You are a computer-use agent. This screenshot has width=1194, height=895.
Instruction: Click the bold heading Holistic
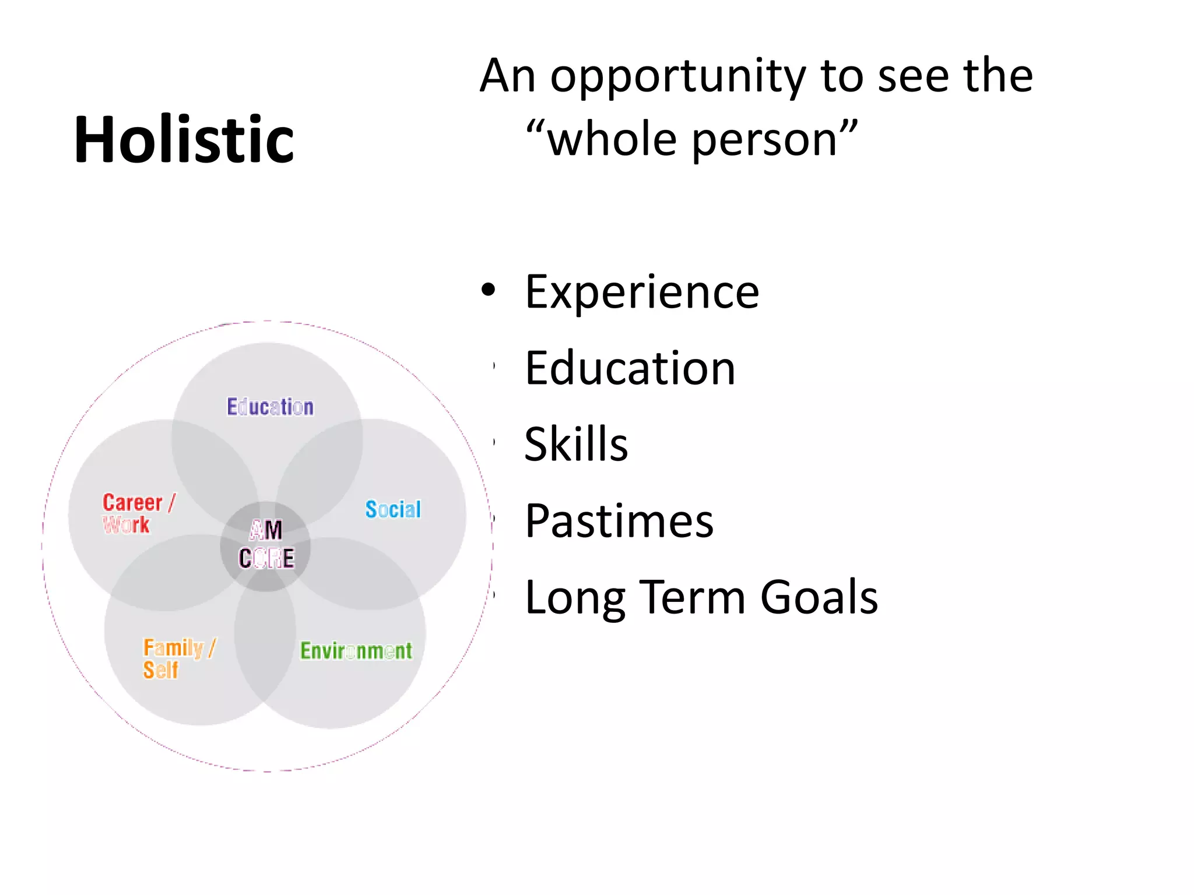coord(184,140)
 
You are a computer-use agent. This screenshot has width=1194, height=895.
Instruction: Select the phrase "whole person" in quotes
coord(692,140)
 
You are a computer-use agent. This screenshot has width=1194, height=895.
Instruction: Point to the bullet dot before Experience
coord(489,290)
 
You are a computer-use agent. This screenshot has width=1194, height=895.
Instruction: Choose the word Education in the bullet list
coord(630,368)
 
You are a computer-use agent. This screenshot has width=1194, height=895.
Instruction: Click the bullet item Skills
coord(576,444)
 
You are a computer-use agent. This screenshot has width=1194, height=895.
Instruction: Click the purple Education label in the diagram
coord(270,407)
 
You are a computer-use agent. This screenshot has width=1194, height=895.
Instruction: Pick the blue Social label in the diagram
coord(393,510)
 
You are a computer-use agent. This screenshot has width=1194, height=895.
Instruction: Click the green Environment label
coord(356,651)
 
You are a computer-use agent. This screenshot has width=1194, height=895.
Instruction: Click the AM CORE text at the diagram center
coord(266,545)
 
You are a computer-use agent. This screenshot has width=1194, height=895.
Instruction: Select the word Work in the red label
coord(127,524)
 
